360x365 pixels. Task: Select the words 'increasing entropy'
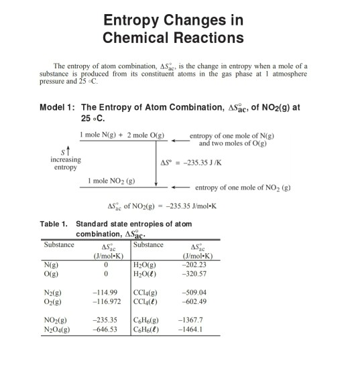click(65, 163)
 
